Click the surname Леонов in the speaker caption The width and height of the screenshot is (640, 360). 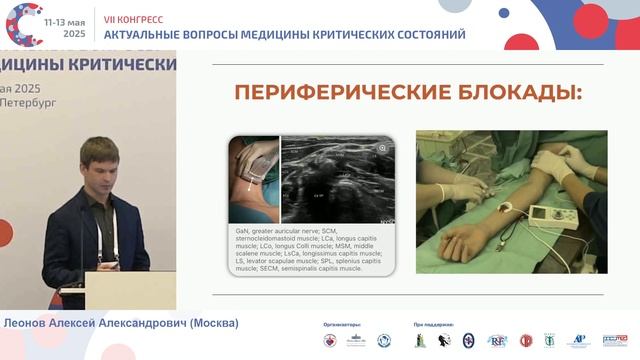tap(29, 323)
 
